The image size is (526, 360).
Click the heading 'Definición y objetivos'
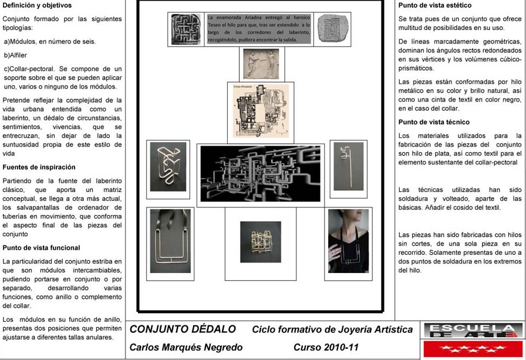tap(37, 5)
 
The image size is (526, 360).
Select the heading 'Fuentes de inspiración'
tap(39, 167)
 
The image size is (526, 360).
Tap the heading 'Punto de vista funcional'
tap(41, 248)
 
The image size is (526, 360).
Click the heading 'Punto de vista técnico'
tap(434, 122)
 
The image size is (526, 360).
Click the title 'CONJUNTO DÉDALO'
tap(183, 329)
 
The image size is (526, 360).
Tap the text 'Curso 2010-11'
tap(326, 347)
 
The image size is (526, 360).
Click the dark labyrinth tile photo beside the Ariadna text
tap(186, 29)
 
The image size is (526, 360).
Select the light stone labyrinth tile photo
tap(332, 29)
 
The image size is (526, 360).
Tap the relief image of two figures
tap(261, 63)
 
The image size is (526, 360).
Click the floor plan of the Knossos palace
tap(260, 111)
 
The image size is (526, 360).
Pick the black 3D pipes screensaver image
tap(259, 174)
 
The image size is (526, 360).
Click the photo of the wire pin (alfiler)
tap(348, 167)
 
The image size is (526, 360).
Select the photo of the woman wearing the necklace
tap(348, 241)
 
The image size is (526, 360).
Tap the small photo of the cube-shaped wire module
tap(260, 242)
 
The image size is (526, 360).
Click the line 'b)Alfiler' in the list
tap(16, 55)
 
